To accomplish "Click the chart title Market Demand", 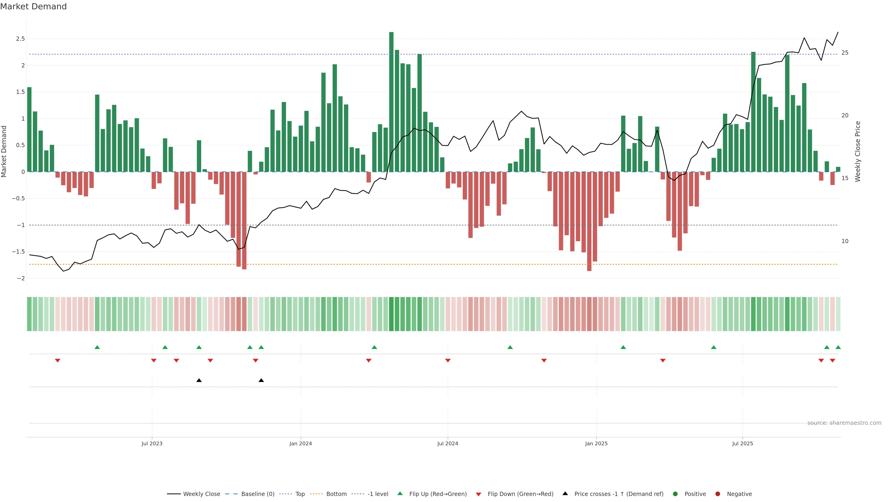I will coord(33,7).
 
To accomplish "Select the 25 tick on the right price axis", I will coord(845,53).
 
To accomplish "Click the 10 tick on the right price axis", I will coord(845,241).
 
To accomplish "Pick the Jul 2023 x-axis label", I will coord(152,443).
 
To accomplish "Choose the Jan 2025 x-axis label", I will coord(596,443).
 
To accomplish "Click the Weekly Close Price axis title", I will coord(858,151).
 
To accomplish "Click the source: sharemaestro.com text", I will coord(844,423).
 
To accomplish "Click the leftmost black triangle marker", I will coord(199,380).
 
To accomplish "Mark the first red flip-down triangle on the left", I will coord(57,361).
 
